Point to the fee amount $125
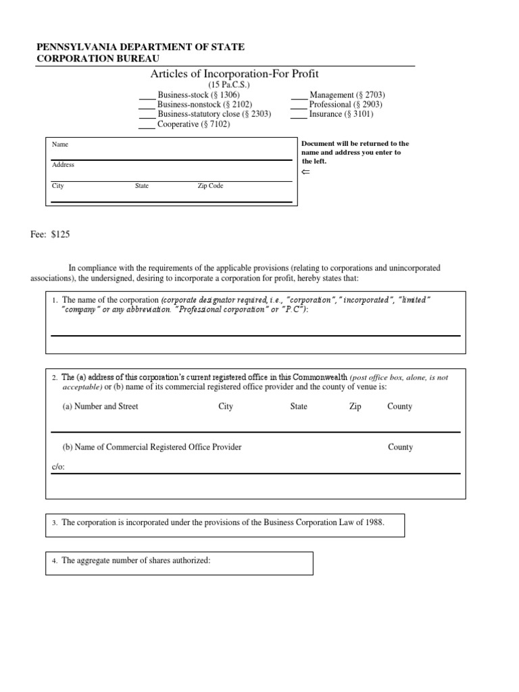[x=60, y=234]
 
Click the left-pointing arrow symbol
[x=305, y=172]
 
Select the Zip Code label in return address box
[x=210, y=186]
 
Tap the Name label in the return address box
[x=60, y=145]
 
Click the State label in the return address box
[x=142, y=186]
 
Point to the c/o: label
[x=59, y=467]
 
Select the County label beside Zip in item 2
[x=399, y=407]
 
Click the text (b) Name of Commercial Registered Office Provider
[x=151, y=447]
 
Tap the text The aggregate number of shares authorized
[x=136, y=561]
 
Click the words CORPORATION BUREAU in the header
[x=98, y=59]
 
